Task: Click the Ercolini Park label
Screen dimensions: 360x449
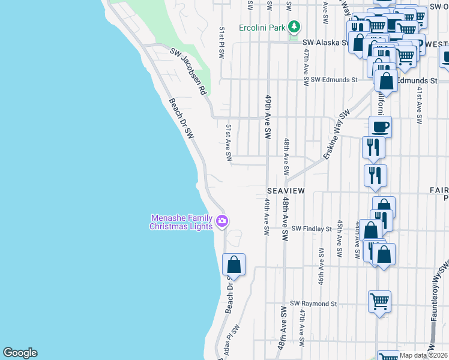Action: click(x=261, y=27)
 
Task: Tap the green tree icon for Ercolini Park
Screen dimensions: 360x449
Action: click(x=294, y=27)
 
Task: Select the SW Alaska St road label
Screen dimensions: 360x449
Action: click(x=325, y=43)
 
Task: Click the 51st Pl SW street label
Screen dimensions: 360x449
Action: click(x=221, y=41)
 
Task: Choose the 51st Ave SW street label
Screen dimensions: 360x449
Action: click(x=229, y=142)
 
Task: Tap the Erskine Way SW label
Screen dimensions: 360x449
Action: click(x=336, y=135)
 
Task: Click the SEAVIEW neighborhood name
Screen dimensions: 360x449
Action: click(x=286, y=190)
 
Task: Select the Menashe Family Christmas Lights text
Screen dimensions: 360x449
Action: click(x=181, y=222)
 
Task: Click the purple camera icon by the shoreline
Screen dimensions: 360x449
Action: click(x=222, y=222)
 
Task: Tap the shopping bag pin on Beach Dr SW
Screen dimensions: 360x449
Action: click(x=234, y=265)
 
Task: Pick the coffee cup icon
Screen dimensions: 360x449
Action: click(x=380, y=127)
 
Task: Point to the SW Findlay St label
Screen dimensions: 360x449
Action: click(x=312, y=229)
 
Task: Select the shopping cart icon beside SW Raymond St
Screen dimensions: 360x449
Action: click(x=379, y=301)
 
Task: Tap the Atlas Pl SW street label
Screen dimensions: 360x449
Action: click(x=235, y=339)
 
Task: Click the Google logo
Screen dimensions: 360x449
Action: click(x=20, y=353)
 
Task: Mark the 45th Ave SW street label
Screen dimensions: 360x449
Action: click(x=339, y=238)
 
